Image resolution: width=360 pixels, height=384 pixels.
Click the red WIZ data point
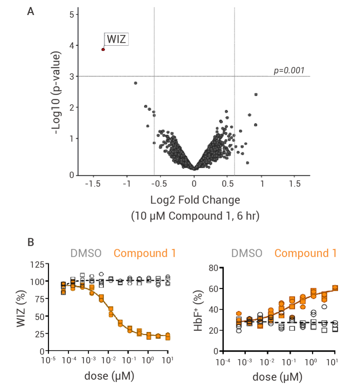pos(103,49)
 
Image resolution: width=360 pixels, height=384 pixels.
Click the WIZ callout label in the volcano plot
pos(116,39)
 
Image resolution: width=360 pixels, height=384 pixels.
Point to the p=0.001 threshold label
pos(289,70)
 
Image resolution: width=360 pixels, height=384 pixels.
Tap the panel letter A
pos(31,12)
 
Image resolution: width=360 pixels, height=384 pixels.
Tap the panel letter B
pos(31,242)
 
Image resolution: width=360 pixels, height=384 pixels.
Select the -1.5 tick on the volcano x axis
pos(93,184)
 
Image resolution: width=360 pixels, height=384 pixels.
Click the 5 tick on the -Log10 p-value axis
pos(72,15)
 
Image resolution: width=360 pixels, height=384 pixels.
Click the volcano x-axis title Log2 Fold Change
pos(195,200)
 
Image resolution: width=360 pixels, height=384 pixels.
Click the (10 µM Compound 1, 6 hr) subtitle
pos(195,216)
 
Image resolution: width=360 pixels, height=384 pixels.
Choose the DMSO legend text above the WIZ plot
pos(86,253)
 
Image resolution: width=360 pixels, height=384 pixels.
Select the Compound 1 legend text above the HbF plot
pos(305,253)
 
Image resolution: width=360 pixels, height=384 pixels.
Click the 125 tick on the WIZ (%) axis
pos(37,265)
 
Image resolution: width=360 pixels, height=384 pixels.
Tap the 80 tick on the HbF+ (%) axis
pos(213,268)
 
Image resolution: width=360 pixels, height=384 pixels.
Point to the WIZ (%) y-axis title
pos(21,309)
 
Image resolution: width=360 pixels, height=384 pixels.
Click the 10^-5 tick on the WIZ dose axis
pos(49,361)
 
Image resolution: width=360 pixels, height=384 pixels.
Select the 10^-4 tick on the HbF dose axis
pos(223,362)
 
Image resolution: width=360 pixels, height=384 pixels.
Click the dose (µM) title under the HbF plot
pos(277,377)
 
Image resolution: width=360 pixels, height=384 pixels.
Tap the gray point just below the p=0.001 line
pos(135,83)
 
